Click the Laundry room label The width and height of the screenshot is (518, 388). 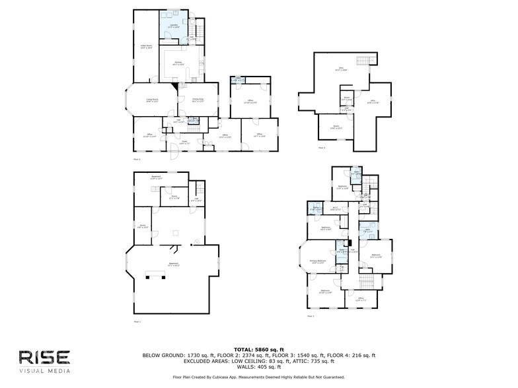172,26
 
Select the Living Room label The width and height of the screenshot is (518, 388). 151,100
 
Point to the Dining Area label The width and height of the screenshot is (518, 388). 198,100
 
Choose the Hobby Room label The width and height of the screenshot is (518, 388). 146,47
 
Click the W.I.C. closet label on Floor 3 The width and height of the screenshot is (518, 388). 335,209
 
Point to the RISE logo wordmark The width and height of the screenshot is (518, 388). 44,357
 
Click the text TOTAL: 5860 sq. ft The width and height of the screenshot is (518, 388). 258,349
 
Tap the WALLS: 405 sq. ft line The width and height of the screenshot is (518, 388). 258,367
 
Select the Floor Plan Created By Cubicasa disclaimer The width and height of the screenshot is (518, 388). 258,377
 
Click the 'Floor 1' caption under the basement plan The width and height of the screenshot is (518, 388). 137,321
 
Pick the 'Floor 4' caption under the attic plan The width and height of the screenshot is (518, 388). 322,148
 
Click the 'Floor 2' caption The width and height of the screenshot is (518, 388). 137,160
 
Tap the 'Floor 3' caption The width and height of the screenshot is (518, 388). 310,317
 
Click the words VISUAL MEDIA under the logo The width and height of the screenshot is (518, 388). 44,371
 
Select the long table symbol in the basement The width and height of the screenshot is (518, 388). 157,273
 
